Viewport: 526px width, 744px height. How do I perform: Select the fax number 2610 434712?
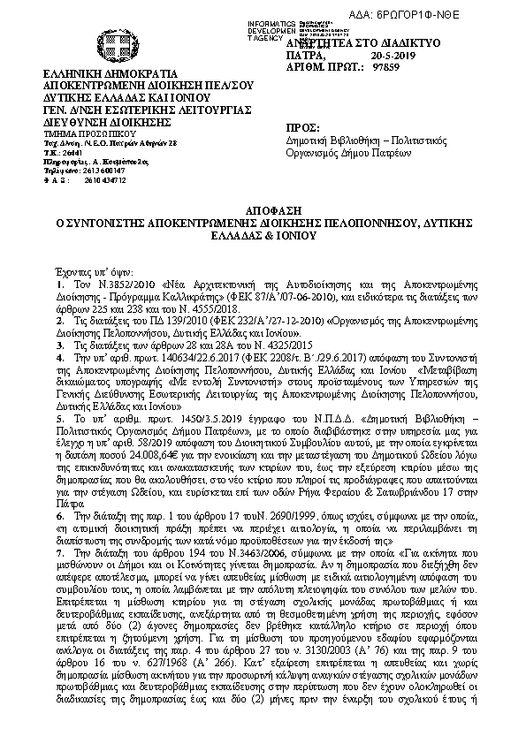(105, 180)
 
